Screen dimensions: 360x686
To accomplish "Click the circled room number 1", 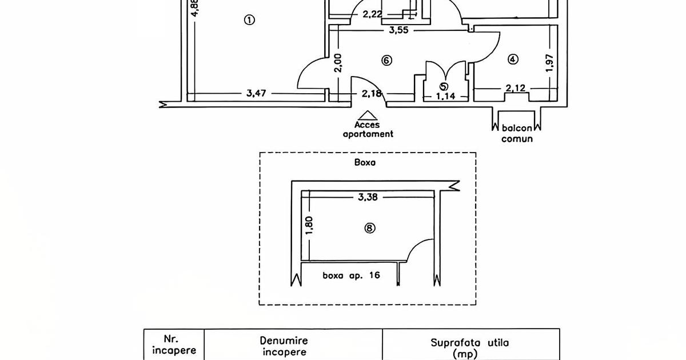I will [x=249, y=20].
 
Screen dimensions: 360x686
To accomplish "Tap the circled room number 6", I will [x=387, y=60].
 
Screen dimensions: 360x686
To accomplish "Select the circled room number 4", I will [x=513, y=59].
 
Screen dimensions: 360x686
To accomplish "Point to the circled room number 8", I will [x=370, y=228].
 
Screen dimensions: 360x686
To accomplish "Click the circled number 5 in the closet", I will [x=444, y=86].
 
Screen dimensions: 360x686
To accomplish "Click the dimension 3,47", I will [x=258, y=93].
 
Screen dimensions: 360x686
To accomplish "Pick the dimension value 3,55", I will [x=398, y=31].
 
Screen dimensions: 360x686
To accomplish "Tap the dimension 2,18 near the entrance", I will [x=371, y=93].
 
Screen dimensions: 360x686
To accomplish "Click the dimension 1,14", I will [x=445, y=97].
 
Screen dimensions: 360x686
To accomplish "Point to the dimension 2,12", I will [x=516, y=88].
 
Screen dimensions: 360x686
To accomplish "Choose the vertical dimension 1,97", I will [x=549, y=63].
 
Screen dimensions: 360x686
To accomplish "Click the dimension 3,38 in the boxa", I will [x=369, y=198].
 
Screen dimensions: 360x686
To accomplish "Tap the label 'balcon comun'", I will [x=517, y=134].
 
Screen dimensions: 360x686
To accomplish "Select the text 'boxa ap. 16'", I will [x=351, y=275].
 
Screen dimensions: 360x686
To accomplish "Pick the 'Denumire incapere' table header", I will [x=292, y=346].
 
